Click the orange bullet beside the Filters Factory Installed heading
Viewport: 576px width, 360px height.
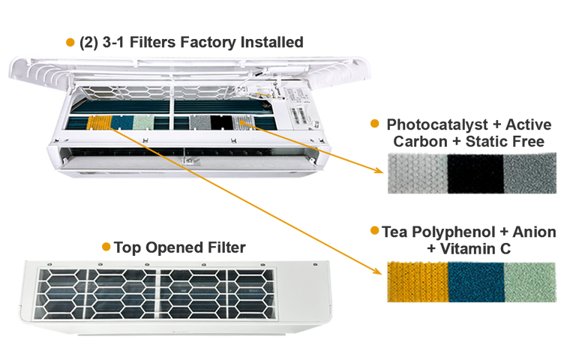70,43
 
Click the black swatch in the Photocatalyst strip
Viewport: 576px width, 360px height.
475,174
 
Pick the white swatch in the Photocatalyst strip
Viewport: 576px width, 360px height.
416,174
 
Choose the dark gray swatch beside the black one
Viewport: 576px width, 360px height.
531,174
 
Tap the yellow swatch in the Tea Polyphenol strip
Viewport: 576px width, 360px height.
416,282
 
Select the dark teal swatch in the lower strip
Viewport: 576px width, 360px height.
475,282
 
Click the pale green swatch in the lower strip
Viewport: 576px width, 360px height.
531,282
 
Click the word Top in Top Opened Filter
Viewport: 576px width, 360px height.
124,246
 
